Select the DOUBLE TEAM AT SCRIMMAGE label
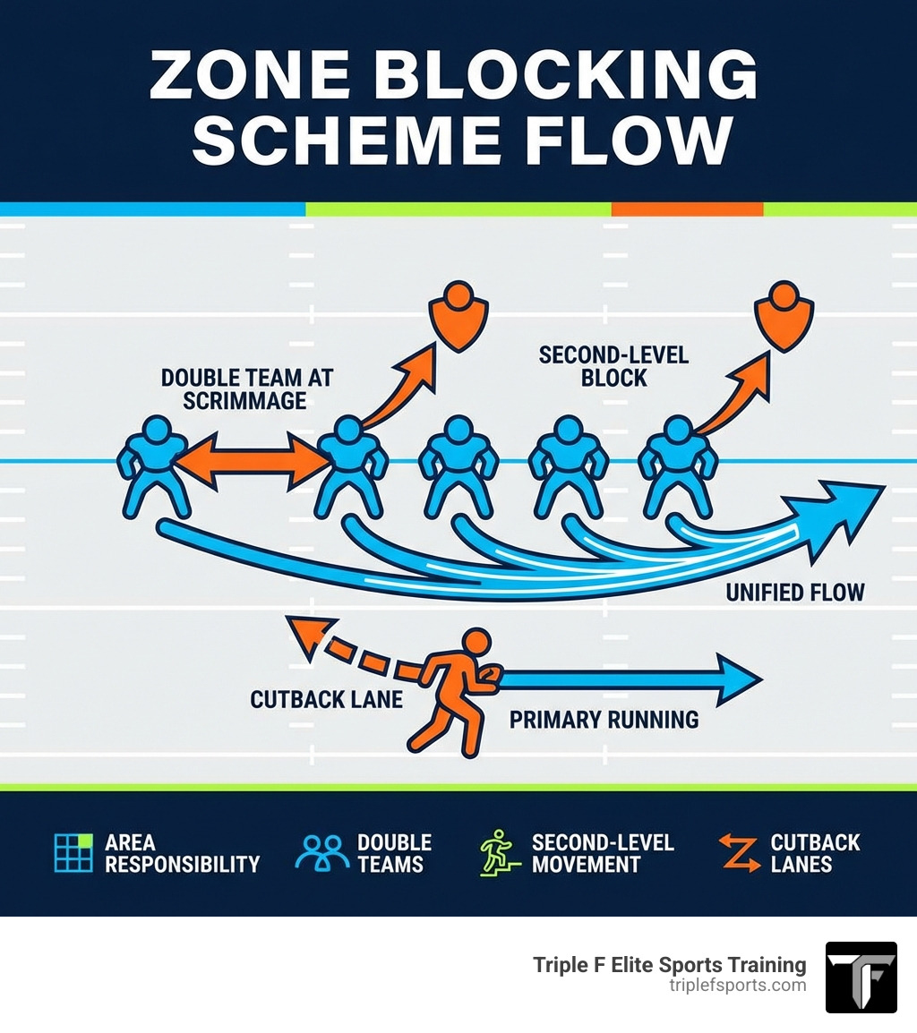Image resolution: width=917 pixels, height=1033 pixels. (245, 388)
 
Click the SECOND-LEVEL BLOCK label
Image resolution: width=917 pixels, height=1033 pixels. (613, 366)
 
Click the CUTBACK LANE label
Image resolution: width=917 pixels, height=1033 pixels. (327, 699)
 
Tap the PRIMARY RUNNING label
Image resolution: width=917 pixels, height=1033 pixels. (604, 719)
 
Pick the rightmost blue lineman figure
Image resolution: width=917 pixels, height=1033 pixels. (677, 465)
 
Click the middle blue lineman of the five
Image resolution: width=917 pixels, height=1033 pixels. (458, 465)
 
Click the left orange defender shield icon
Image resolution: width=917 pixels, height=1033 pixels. (459, 318)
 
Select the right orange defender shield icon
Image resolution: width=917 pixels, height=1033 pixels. (784, 317)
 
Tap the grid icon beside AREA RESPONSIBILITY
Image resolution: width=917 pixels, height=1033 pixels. (73, 852)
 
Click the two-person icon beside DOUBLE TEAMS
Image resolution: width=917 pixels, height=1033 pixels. (321, 853)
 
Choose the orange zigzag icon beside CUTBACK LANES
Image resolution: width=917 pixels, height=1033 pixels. (740, 853)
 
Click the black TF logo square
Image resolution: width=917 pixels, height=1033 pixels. (861, 977)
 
